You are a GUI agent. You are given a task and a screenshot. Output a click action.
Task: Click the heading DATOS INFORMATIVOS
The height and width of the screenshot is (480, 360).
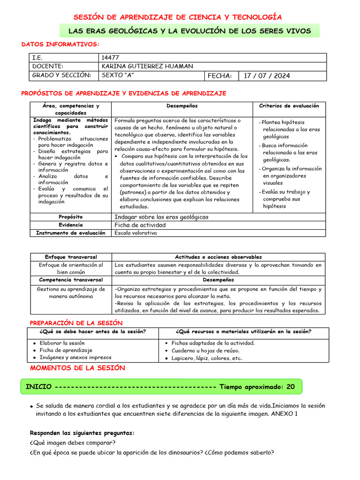coord(60,44)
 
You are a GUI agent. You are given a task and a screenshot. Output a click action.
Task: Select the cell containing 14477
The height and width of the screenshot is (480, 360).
coord(111,58)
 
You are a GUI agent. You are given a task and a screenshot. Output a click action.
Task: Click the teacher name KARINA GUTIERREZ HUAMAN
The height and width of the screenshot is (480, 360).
coord(147,67)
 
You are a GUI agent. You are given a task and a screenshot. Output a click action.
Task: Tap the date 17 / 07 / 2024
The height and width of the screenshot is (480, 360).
coord(267,75)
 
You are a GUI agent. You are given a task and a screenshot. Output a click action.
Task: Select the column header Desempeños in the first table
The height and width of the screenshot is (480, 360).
coord(182,106)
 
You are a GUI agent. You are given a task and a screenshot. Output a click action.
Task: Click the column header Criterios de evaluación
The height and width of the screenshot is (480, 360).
coord(289,106)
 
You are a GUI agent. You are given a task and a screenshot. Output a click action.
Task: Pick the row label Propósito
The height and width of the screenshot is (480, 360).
coord(71,217)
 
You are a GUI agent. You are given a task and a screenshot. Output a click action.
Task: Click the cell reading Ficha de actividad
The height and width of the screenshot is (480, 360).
coord(140,225)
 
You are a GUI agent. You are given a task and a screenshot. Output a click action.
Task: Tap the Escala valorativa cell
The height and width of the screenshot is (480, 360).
coord(136,233)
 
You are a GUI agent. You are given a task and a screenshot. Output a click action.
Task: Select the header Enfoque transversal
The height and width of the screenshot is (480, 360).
coord(71,257)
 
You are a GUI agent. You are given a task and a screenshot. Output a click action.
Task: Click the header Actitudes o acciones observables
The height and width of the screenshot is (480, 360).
coord(218,257)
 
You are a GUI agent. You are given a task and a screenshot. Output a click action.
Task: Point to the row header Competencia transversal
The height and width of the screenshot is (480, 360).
coord(71,280)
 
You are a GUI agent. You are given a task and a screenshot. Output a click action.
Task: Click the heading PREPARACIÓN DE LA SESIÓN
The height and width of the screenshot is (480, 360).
coord(76,323)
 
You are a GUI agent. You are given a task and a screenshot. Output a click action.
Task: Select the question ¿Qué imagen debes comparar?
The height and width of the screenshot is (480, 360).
coord(72,443)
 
